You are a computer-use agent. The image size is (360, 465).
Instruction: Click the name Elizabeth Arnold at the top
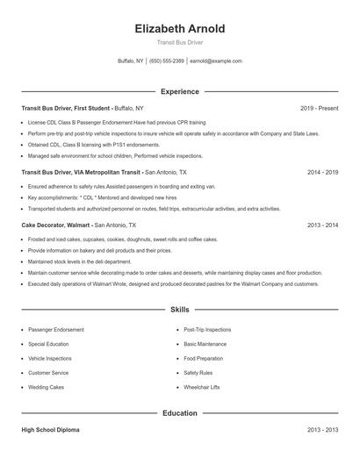(180, 29)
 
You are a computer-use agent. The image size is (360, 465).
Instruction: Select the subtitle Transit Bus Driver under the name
(180, 43)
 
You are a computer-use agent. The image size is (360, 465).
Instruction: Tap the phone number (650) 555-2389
(167, 61)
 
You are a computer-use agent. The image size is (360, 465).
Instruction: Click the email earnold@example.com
(216, 61)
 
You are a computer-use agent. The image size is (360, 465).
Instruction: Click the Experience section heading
(180, 91)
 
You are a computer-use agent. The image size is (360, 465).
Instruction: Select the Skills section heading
(180, 311)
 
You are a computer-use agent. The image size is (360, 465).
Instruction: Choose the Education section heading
(180, 413)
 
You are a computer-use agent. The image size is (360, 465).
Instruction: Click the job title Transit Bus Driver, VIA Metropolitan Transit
(82, 173)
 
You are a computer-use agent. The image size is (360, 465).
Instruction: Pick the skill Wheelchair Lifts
(203, 387)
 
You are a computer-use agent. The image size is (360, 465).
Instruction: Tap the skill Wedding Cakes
(45, 387)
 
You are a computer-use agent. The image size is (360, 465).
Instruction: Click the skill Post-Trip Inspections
(208, 330)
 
